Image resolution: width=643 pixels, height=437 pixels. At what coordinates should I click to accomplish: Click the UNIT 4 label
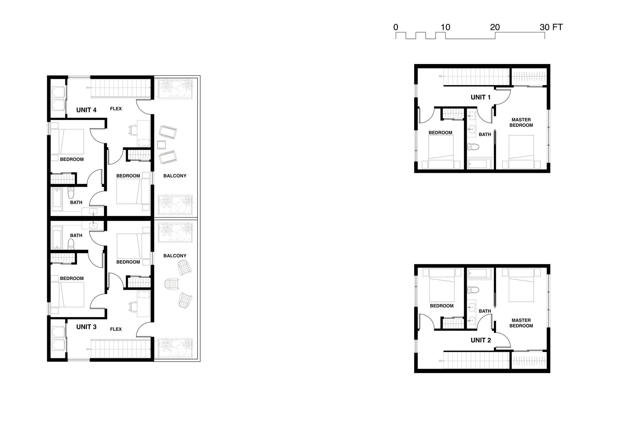[86, 110]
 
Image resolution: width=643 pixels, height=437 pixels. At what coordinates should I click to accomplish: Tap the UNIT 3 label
[86, 327]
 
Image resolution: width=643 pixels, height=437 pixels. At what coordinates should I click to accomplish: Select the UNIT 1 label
[481, 97]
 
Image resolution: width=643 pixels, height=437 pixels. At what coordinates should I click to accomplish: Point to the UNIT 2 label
[481, 340]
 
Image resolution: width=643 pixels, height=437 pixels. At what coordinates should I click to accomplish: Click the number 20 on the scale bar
[495, 27]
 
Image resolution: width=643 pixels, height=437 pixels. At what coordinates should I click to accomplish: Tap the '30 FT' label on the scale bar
[551, 27]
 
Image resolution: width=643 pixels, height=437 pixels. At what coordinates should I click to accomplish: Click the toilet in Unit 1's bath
[474, 147]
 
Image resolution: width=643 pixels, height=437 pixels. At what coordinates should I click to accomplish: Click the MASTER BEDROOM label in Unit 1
[521, 123]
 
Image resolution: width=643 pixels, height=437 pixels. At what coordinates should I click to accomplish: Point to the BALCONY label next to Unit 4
[175, 176]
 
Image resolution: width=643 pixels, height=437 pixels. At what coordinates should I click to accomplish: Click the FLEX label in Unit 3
[116, 329]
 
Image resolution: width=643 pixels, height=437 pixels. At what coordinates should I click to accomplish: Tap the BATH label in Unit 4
[76, 203]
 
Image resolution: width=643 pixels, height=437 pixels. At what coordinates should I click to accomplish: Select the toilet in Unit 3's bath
[71, 244]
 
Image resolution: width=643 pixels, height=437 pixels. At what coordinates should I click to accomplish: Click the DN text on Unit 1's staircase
[441, 76]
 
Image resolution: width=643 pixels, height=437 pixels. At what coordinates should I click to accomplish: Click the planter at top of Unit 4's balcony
[175, 88]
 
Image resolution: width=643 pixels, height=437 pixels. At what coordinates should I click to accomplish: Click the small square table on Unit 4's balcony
[161, 145]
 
